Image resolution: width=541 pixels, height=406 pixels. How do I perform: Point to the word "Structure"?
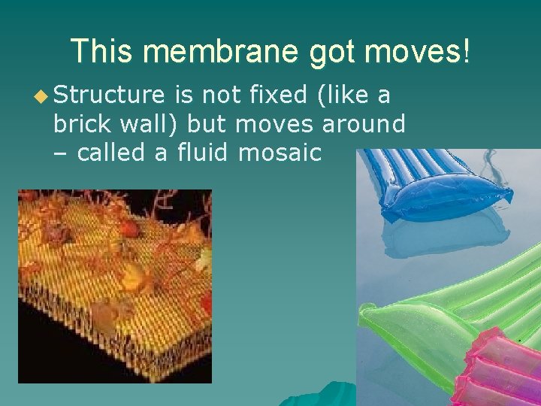108,95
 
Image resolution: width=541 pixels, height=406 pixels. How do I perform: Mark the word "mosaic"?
280,153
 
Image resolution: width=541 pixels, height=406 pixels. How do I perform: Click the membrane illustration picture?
115,286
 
